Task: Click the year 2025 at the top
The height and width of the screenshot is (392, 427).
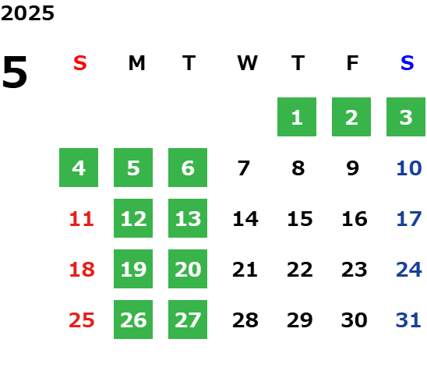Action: pos(27,13)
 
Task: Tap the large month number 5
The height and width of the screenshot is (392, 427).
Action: pos(15,72)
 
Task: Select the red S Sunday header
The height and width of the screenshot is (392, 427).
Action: pos(80,63)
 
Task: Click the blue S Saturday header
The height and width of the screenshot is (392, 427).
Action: pos(408,63)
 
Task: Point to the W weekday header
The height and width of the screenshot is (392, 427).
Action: pos(247,63)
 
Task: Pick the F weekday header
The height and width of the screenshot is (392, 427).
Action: pos(353,63)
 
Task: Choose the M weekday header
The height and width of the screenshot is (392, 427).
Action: pos(136,63)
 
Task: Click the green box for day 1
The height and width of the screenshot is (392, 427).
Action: pos(297,117)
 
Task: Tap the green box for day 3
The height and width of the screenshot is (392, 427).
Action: pos(406,117)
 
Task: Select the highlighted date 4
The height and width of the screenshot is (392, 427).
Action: pos(79,168)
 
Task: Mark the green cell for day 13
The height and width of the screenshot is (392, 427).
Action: pos(188,218)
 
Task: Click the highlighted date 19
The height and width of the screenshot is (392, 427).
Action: pos(133,269)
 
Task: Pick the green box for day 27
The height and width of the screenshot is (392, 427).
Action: pos(188,320)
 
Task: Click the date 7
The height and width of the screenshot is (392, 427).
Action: pos(243,168)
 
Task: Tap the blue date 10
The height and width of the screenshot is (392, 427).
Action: pos(409,168)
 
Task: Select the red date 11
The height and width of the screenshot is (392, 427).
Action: pos(82,219)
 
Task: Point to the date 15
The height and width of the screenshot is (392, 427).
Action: pos(300,219)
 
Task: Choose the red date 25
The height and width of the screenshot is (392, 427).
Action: pos(82,320)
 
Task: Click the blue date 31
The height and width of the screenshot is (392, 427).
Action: pos(408,320)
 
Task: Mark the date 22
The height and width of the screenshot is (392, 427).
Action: pos(300,270)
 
